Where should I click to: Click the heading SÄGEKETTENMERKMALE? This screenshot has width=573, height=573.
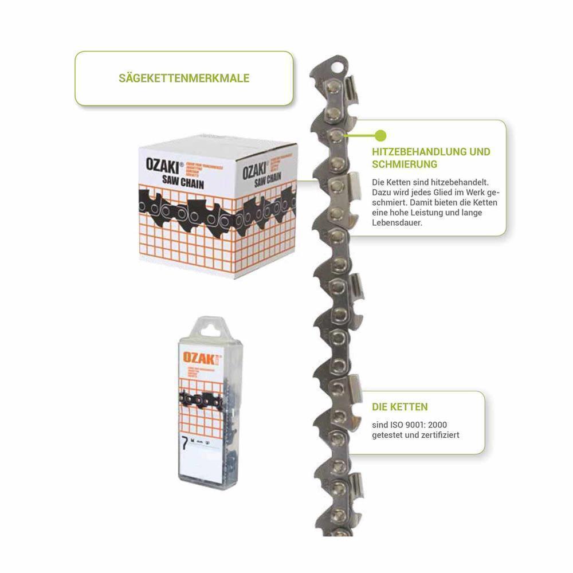[184, 78]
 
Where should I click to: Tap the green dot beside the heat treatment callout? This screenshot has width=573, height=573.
[380, 136]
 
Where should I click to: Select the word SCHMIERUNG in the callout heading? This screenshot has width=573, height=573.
[405, 164]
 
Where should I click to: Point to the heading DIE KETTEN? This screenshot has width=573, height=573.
[400, 407]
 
